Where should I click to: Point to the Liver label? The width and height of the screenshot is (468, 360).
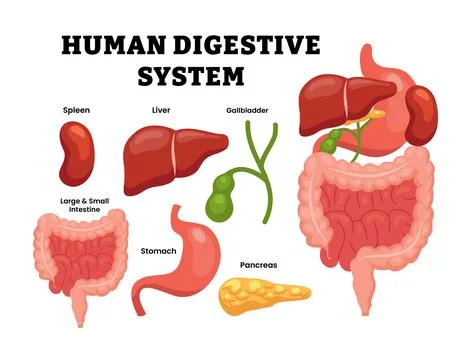point(160,109)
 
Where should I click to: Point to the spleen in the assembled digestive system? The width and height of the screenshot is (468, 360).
point(420,110)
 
